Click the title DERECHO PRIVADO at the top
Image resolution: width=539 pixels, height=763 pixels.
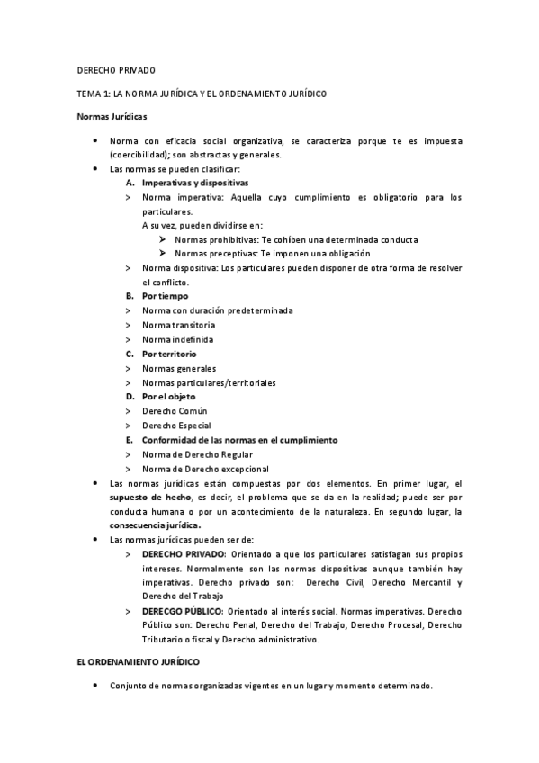coord(115,70)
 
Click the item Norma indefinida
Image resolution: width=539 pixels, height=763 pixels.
coord(178,339)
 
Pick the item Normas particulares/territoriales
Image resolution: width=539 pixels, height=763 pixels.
coord(209,382)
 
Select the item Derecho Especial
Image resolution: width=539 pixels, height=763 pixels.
coord(177,426)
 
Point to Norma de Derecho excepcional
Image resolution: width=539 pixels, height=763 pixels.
coord(205,469)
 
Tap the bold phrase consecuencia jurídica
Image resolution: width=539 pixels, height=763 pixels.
coord(156,525)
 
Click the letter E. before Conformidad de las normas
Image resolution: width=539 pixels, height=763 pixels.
coord(130,440)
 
